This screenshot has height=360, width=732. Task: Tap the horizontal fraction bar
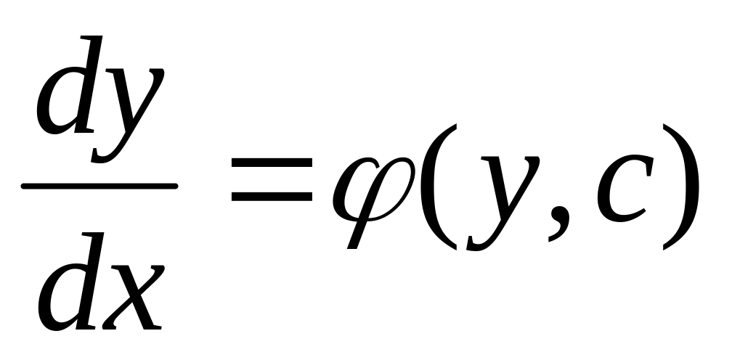(x=99, y=187)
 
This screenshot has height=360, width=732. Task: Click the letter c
(x=621, y=190)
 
